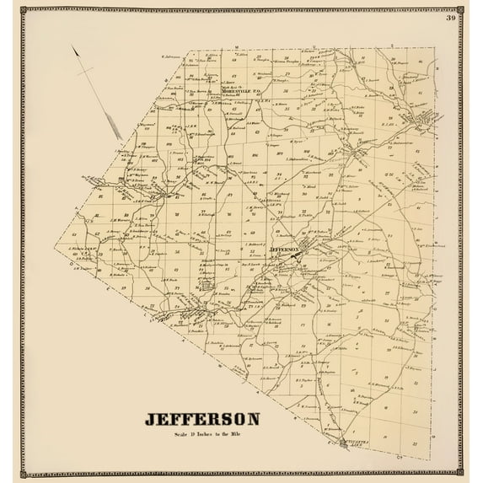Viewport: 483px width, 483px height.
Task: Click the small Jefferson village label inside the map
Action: pyautogui.click(x=284, y=250)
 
